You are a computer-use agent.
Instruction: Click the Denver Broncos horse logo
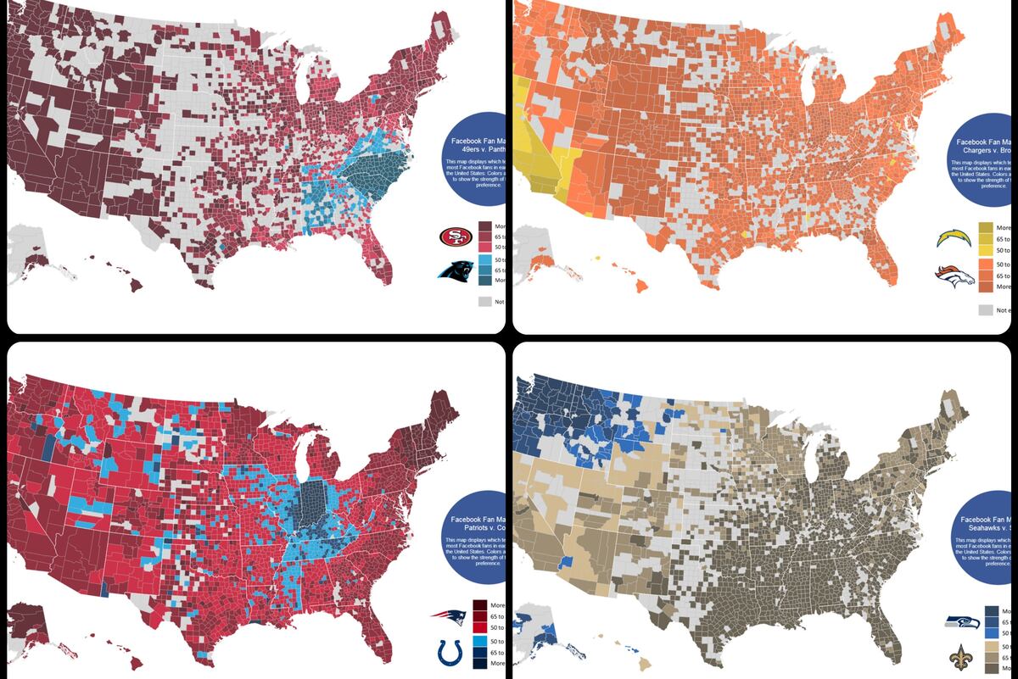(954, 276)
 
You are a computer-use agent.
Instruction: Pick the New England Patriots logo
(449, 619)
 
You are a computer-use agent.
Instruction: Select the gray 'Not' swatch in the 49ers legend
(484, 301)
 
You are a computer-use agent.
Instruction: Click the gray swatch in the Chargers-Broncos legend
(986, 310)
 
